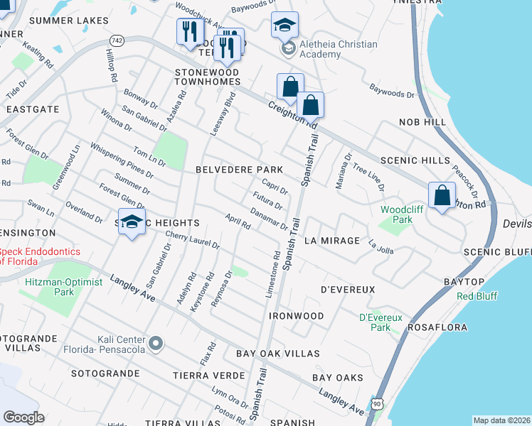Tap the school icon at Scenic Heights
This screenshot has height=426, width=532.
click(x=132, y=221)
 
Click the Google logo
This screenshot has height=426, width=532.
click(x=23, y=417)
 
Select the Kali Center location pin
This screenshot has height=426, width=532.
click(x=156, y=345)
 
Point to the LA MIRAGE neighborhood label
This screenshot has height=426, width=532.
click(x=332, y=241)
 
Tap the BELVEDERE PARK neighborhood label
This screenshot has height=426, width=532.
click(x=239, y=170)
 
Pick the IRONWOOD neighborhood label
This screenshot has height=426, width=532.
click(x=297, y=315)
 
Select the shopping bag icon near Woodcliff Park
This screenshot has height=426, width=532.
click(x=442, y=195)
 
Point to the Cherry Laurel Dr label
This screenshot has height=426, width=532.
click(x=192, y=240)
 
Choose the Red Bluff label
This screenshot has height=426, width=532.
click(x=477, y=296)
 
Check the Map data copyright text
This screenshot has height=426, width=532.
click(x=501, y=420)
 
